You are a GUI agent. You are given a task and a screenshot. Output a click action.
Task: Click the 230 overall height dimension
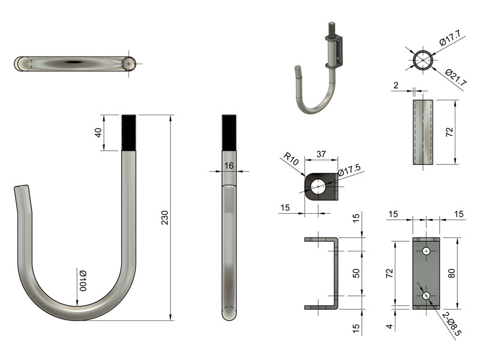165,218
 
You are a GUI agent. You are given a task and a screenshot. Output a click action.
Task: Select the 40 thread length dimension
98,133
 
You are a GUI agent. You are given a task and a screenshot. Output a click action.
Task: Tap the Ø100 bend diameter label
83,280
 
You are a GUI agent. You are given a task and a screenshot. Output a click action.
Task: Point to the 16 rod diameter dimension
229,166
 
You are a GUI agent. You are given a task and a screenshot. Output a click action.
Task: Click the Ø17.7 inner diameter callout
450,38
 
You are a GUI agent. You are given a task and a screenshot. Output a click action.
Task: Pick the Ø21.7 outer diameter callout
456,77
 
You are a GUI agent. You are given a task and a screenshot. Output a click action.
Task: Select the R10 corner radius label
291,158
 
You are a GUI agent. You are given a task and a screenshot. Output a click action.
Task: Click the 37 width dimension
321,154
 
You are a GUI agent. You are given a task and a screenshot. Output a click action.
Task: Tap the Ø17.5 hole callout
349,170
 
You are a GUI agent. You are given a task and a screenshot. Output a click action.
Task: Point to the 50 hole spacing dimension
356,273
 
